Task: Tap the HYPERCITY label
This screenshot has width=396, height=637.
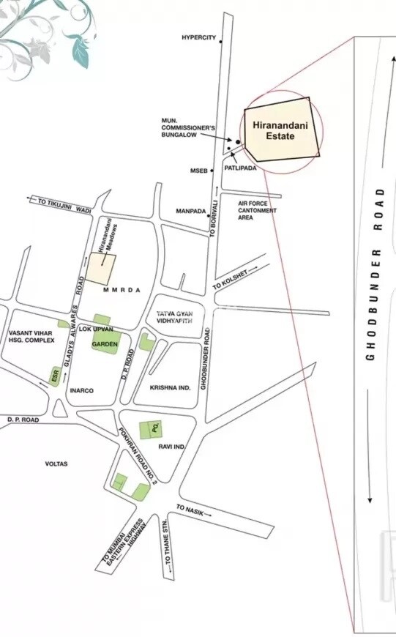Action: (x=199, y=38)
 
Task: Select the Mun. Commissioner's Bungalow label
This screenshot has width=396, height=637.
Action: (x=188, y=127)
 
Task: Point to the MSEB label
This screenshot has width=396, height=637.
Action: (x=200, y=171)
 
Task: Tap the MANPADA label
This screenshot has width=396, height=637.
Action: (x=190, y=211)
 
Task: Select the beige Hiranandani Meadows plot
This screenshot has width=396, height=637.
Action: (x=102, y=268)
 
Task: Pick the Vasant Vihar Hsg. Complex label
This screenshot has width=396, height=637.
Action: (x=31, y=336)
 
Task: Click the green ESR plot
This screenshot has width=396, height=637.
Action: (x=54, y=376)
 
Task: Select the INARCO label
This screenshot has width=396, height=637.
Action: (x=81, y=390)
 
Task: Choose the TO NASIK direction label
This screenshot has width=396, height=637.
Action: (x=191, y=509)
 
